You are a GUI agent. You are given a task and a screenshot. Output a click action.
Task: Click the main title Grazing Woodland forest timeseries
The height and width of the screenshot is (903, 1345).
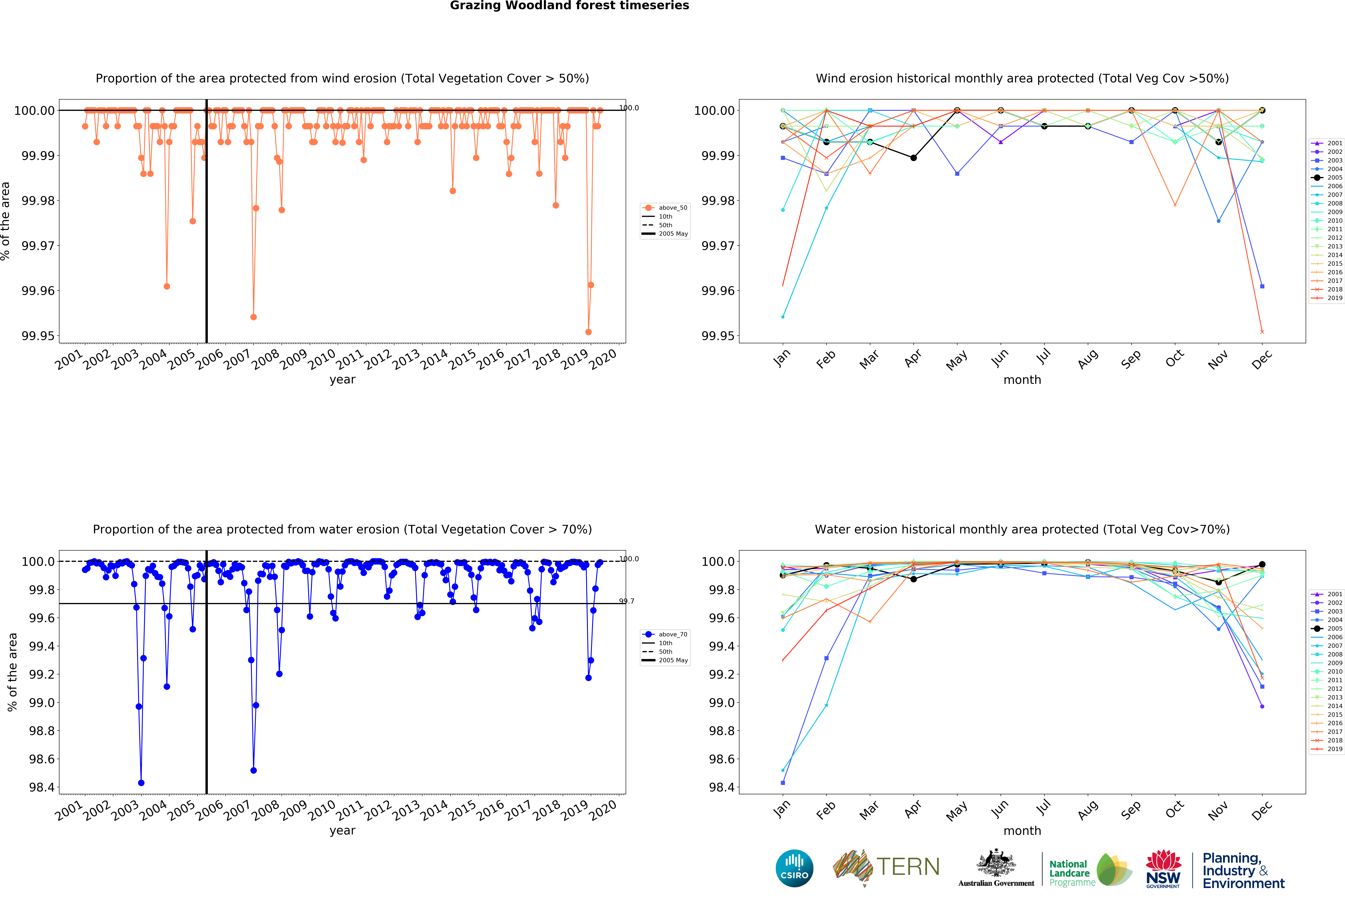(x=569, y=6)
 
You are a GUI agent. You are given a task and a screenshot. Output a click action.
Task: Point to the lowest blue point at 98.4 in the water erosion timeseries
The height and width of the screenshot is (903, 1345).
(x=141, y=783)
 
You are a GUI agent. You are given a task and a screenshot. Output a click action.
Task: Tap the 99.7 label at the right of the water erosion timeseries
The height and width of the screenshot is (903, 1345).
(x=626, y=601)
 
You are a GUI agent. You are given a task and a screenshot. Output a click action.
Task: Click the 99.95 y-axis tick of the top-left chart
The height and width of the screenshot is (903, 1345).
(x=38, y=336)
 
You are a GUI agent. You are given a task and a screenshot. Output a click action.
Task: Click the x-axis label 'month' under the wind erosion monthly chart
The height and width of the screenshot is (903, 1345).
(x=1022, y=380)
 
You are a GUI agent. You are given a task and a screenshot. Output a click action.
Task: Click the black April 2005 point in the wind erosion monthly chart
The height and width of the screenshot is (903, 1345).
(x=913, y=158)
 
